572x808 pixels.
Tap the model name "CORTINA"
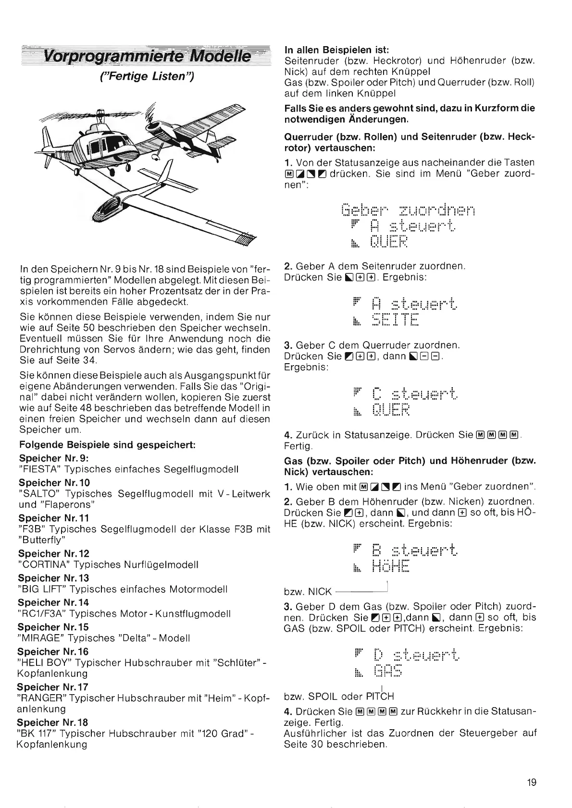[44, 564]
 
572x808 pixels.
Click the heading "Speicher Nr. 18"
[52, 722]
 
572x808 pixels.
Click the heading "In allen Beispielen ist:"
[336, 50]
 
